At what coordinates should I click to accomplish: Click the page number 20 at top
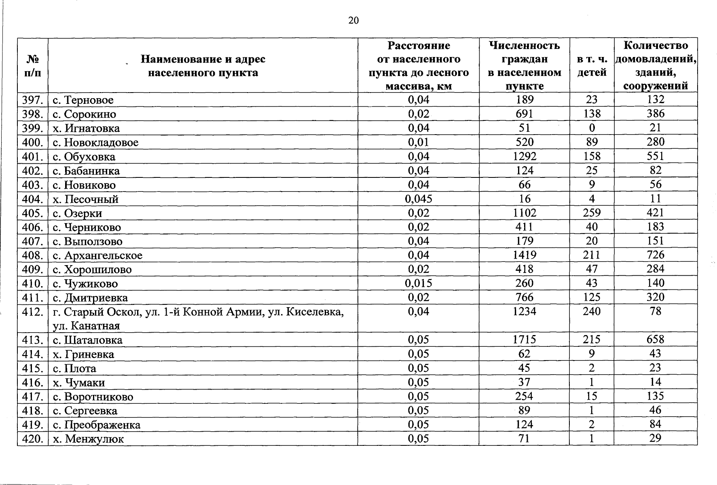353,21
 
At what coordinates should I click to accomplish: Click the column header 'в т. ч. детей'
592,66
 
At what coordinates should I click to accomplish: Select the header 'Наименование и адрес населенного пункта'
203,66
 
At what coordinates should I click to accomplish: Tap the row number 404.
32,199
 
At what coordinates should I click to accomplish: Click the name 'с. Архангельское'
98,255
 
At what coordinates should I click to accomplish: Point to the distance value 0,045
418,198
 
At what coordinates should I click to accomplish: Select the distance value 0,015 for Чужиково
418,283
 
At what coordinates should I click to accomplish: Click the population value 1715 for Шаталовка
524,339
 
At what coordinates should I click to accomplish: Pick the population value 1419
524,255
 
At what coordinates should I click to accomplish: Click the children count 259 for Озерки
592,213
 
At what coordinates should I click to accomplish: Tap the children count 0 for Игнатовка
592,128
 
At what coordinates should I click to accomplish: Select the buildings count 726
655,255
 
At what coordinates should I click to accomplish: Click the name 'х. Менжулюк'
89,439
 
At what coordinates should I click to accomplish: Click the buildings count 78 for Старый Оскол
655,311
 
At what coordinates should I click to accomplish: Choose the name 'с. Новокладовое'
96,142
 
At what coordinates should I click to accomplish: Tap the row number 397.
32,100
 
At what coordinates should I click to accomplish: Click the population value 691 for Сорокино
524,114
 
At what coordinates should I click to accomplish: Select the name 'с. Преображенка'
97,425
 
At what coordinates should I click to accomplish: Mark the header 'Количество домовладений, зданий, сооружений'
656,66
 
